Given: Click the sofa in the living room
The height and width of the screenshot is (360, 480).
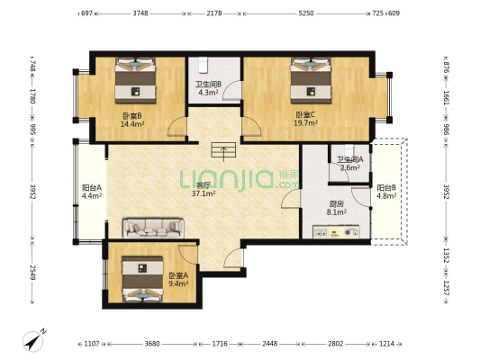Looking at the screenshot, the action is [153, 228].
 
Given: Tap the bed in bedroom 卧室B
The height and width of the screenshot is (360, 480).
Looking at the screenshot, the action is [135, 80].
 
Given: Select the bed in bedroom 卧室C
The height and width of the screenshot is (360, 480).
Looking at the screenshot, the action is [311, 80].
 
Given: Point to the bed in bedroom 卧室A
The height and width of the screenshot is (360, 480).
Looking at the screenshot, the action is [142, 279].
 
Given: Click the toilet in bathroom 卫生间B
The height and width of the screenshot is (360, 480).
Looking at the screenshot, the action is [203, 65].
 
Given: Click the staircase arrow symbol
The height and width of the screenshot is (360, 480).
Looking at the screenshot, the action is [223, 151].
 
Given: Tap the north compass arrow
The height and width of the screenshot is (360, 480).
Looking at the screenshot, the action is [34, 340].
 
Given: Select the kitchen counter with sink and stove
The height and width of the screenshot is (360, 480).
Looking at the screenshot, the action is [336, 232].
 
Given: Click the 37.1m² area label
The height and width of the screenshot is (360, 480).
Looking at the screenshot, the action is [204, 193].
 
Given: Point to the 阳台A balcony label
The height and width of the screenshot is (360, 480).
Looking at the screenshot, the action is [92, 187].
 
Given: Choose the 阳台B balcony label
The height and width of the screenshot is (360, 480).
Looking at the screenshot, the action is [386, 187].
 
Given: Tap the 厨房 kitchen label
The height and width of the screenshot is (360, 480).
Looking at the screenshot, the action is [337, 203].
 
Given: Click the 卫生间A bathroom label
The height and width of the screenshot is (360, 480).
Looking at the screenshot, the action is [350, 159].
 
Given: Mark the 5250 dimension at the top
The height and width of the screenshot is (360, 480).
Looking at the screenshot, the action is [306, 13].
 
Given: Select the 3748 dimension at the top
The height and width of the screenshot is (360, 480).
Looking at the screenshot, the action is [140, 13].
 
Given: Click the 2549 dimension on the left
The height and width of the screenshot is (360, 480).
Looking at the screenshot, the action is [32, 272].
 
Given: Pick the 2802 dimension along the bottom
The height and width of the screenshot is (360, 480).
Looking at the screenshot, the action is [336, 344].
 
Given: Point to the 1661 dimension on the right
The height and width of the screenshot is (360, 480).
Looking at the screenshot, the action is [446, 97].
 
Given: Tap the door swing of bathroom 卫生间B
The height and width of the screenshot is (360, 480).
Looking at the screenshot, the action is [232, 90].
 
